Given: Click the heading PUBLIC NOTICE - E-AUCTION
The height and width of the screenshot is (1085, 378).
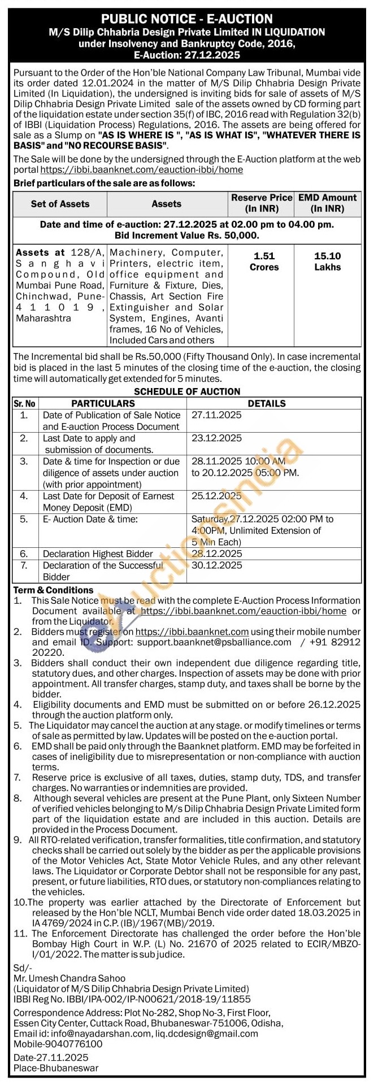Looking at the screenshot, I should (186, 19).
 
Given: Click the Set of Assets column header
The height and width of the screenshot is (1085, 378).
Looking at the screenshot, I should (60, 204).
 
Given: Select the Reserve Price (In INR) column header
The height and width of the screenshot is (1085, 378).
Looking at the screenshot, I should (262, 203).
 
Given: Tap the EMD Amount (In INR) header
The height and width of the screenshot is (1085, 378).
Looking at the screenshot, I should (327, 203).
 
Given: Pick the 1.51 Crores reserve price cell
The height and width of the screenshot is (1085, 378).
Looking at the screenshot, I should (264, 262).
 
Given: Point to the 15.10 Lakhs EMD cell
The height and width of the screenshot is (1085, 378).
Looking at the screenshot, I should (327, 262).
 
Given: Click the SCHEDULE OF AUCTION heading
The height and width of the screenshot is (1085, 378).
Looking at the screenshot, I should (187, 391).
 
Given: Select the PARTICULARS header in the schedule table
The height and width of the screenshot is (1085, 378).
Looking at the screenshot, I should (103, 403).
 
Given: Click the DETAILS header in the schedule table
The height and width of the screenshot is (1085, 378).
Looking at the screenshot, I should (267, 403).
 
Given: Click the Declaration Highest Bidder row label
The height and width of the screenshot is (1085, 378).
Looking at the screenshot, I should (98, 554).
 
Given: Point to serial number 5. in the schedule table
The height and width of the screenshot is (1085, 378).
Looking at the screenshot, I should (24, 519).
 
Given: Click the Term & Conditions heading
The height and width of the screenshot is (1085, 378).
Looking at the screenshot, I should (53, 590).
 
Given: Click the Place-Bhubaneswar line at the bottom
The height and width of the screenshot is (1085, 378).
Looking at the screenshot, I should (56, 1068).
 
